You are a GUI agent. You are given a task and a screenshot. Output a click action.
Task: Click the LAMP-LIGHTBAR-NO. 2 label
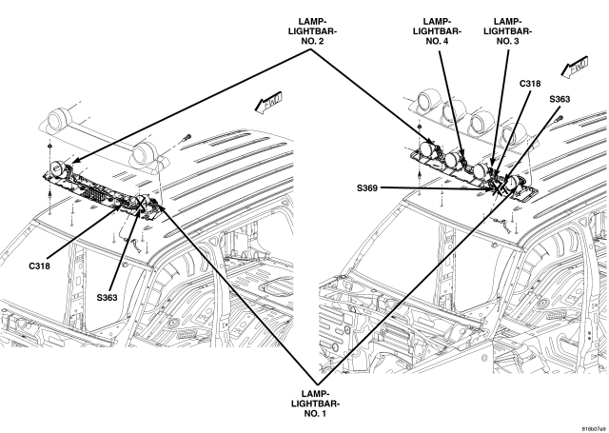click(x=312, y=31)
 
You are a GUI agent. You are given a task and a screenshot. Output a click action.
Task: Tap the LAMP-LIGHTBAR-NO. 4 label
click(x=437, y=31)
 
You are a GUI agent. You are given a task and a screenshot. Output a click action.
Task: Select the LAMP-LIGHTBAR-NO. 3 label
click(x=507, y=31)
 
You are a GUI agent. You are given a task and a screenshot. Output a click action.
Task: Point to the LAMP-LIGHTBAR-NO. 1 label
click(x=315, y=403)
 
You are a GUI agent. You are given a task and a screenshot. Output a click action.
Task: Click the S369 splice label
click(x=367, y=188)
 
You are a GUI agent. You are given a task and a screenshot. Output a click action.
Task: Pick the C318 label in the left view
click(x=40, y=266)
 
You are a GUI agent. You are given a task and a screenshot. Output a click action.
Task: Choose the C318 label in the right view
click(x=530, y=84)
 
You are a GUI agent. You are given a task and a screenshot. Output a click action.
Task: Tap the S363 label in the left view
click(x=107, y=298)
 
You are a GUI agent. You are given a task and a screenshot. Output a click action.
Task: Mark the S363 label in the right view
click(x=560, y=99)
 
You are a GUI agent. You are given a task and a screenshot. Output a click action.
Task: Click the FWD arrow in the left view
click(x=268, y=104)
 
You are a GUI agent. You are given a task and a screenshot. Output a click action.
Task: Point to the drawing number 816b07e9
click(x=594, y=429)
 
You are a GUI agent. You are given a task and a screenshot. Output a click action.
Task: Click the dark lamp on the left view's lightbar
click(x=57, y=168)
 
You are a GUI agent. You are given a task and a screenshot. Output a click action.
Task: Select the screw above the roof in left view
click(x=187, y=137)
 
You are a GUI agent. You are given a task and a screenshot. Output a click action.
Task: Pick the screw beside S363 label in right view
click(x=559, y=119)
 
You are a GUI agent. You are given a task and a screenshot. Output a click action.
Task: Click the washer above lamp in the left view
click(x=50, y=146)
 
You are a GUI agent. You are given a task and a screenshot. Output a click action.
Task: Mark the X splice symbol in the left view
click(x=140, y=203)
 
